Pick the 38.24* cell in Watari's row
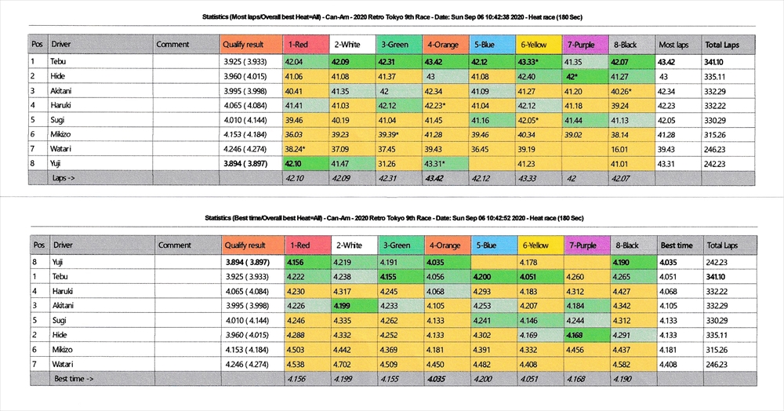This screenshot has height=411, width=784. (298, 150)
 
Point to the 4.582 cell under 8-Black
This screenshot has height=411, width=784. (624, 364)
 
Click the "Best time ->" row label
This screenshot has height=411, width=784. (74, 379)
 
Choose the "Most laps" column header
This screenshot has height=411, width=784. (673, 45)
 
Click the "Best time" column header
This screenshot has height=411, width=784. (676, 246)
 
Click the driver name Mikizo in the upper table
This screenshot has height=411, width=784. (62, 135)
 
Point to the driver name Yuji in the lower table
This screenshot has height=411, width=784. (59, 260)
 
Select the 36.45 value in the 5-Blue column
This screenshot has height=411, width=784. (481, 150)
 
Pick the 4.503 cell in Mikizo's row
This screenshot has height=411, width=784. (298, 349)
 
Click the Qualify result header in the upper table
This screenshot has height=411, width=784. (245, 45)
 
